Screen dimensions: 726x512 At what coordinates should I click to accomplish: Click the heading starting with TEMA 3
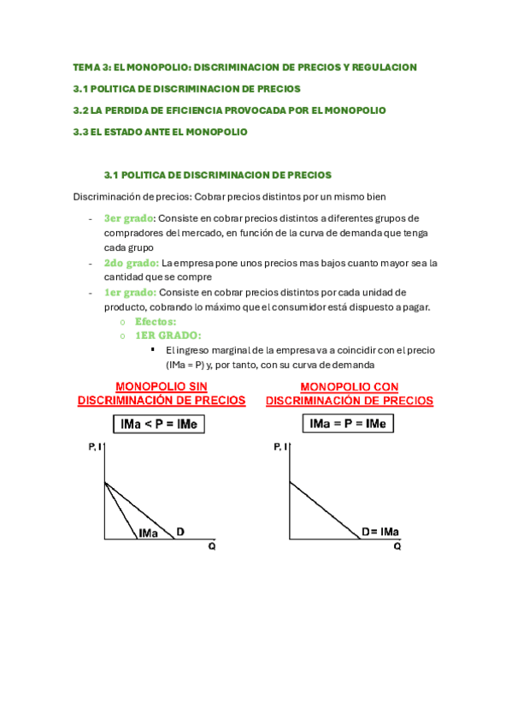[244, 67]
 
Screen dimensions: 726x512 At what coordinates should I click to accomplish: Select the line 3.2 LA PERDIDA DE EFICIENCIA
[229, 110]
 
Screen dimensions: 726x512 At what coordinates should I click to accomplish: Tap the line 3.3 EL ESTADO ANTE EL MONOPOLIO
[160, 132]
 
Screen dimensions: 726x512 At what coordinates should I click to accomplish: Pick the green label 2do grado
[131, 263]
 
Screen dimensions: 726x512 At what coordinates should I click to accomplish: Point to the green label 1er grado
[130, 292]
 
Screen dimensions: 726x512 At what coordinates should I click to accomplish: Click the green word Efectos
[156, 321]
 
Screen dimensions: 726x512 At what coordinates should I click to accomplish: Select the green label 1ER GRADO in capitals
[168, 336]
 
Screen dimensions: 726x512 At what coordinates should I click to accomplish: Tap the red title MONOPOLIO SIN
[161, 387]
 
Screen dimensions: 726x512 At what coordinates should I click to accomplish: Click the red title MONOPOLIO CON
[349, 387]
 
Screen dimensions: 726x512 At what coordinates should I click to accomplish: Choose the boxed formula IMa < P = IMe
[158, 423]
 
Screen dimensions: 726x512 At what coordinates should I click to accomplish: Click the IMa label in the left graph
[148, 533]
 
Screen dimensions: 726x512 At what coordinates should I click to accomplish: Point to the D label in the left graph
[179, 532]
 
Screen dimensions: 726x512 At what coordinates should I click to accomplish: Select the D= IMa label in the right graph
[380, 532]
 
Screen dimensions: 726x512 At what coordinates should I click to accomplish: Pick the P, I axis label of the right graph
[280, 447]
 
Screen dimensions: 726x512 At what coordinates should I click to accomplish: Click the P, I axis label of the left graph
[93, 447]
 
